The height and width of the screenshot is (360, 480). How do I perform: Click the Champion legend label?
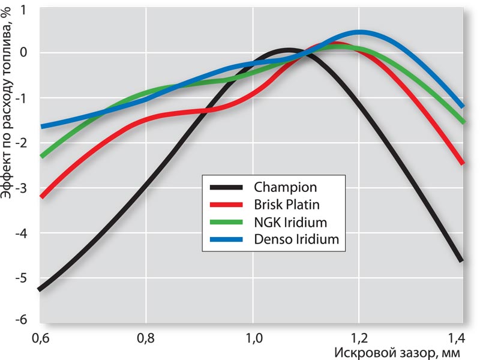tap(285, 187)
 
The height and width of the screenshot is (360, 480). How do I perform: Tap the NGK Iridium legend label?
tap(290, 222)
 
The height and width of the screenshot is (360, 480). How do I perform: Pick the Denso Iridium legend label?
tap(296, 239)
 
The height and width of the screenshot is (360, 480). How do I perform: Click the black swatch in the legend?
tap(226, 187)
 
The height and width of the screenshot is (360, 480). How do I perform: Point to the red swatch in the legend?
tap(226, 204)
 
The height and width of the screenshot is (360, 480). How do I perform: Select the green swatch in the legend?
tap(226, 222)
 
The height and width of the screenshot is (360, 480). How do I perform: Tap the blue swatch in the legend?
tap(226, 239)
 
